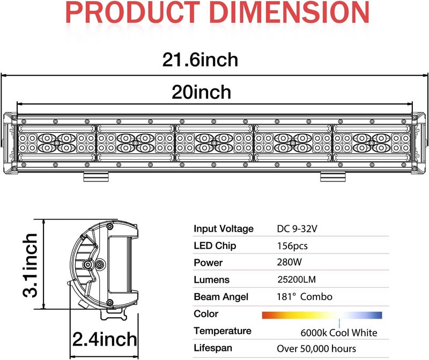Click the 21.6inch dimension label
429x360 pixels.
point(200,59)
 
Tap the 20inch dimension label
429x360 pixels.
point(202,92)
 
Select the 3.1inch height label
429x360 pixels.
point(30,265)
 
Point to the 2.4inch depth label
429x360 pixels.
point(105,339)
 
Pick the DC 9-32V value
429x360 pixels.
point(297,229)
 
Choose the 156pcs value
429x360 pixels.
point(292,246)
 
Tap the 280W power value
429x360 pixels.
point(289,262)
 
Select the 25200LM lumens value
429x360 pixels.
point(297,279)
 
